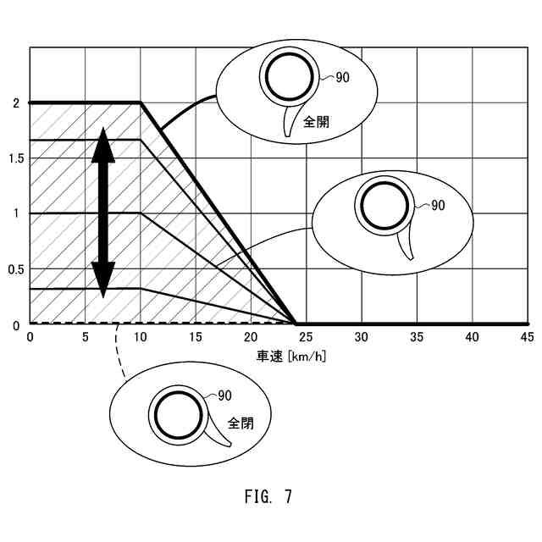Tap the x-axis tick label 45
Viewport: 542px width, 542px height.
526,337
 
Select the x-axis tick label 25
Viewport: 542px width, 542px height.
306,337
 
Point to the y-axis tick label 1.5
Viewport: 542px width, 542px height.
14,158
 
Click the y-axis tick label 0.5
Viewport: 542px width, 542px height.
14,269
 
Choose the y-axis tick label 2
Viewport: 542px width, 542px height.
16,103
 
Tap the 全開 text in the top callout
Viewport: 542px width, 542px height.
318,121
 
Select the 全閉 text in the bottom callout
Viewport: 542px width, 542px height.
241,422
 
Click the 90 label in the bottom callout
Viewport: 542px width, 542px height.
225,395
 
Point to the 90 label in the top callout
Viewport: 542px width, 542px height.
341,77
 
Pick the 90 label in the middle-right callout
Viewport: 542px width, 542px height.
437,205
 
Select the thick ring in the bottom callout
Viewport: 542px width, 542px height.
178,416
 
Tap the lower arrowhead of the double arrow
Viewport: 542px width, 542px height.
103,279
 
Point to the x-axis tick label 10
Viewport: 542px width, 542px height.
141,337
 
